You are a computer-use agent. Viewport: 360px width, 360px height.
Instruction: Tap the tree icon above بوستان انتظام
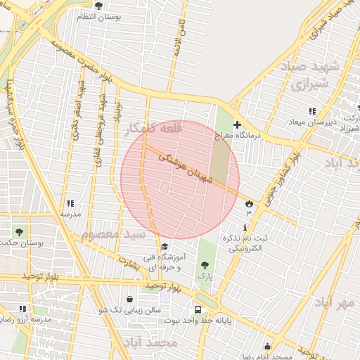click(98, 6)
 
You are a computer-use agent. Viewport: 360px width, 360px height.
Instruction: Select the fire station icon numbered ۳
click(249, 203)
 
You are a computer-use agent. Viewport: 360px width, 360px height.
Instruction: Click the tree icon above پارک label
click(204, 265)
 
